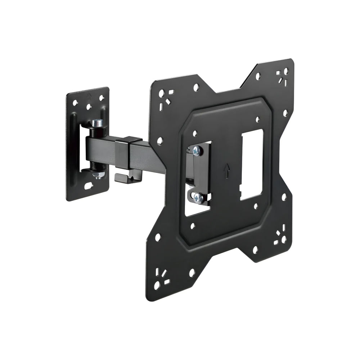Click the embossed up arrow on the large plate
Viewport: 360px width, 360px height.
[226, 171]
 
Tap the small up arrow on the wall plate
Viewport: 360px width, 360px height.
[89, 96]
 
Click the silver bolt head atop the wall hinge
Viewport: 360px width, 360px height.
[98, 123]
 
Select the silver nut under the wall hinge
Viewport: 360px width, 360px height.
[98, 175]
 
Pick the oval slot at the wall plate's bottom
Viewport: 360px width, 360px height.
[88, 186]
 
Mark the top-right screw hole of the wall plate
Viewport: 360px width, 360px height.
[102, 98]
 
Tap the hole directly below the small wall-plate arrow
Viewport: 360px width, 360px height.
[89, 107]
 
